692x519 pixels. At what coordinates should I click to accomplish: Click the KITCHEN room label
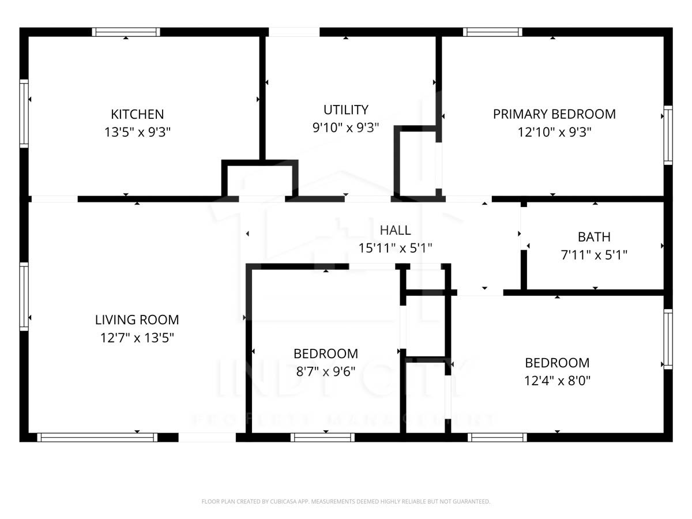(x=137, y=114)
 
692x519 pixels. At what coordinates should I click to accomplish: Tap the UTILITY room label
(x=345, y=110)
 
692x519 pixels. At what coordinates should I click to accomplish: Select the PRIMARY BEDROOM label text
(x=554, y=114)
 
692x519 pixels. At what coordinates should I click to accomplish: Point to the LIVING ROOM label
(x=137, y=319)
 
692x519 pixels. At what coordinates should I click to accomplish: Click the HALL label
(x=395, y=230)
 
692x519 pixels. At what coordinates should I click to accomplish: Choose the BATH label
(x=594, y=237)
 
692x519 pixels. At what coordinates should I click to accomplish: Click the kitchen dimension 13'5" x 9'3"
(x=137, y=132)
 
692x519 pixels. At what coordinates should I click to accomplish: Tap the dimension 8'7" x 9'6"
(x=326, y=371)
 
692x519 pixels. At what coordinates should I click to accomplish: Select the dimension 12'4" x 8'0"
(x=557, y=381)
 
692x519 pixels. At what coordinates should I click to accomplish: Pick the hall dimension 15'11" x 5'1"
(x=395, y=248)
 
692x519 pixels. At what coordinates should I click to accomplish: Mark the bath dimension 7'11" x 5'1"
(x=594, y=254)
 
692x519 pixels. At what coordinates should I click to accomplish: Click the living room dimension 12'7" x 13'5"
(x=137, y=337)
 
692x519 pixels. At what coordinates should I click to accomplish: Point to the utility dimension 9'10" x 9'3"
(x=345, y=127)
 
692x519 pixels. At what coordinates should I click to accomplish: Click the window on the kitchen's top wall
(x=126, y=32)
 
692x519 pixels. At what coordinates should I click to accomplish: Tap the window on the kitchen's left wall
(x=24, y=113)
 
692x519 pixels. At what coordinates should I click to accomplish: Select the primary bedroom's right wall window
(x=668, y=135)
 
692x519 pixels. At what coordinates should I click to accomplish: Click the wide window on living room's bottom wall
(x=97, y=438)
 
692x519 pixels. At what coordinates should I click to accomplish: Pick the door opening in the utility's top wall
(x=294, y=32)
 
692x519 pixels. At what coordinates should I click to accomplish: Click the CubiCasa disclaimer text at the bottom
(x=346, y=502)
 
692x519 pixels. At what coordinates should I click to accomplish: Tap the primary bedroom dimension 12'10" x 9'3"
(x=554, y=132)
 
